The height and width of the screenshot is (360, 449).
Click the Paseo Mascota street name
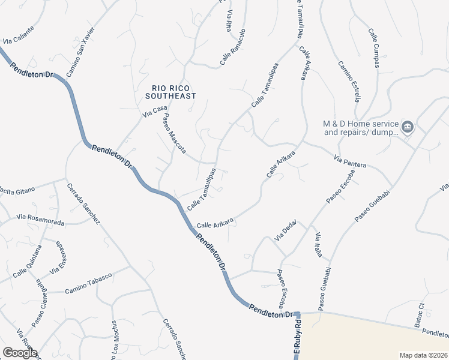click(x=174, y=133)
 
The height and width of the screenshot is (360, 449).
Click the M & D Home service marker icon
click(x=408, y=127)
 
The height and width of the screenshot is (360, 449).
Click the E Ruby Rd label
click(x=297, y=339)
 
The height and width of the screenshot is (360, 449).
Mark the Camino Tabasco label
click(x=89, y=279)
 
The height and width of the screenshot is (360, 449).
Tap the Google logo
click(x=20, y=353)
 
